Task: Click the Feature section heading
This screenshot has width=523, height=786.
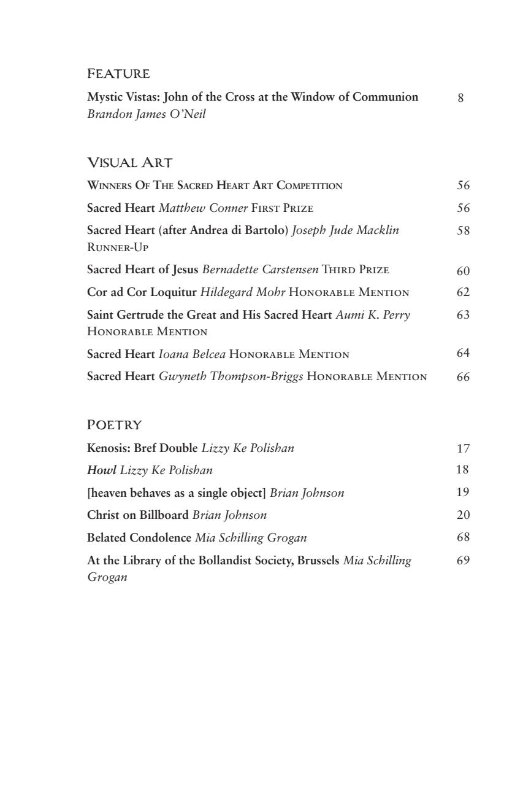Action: [x=118, y=74]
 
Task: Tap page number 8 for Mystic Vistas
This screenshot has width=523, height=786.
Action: [x=460, y=98]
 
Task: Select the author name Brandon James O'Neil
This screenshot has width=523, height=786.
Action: [x=147, y=114]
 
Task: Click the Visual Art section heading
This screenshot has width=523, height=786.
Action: [x=130, y=163]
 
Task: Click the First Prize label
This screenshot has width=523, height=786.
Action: [x=282, y=208]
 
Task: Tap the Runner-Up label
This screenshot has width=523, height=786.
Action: [x=118, y=247]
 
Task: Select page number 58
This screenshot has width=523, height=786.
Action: [x=463, y=231]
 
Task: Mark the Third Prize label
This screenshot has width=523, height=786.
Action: [x=356, y=270]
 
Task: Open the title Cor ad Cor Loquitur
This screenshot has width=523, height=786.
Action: [x=142, y=292]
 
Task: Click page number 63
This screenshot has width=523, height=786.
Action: [x=463, y=315]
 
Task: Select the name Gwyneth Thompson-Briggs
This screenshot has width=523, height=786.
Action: [x=231, y=376]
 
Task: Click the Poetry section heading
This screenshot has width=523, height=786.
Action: [x=115, y=425]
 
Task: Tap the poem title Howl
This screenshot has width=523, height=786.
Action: [x=101, y=470]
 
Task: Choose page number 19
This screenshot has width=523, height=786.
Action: [x=463, y=492]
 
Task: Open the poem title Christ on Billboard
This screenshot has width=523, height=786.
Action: [x=137, y=515]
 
